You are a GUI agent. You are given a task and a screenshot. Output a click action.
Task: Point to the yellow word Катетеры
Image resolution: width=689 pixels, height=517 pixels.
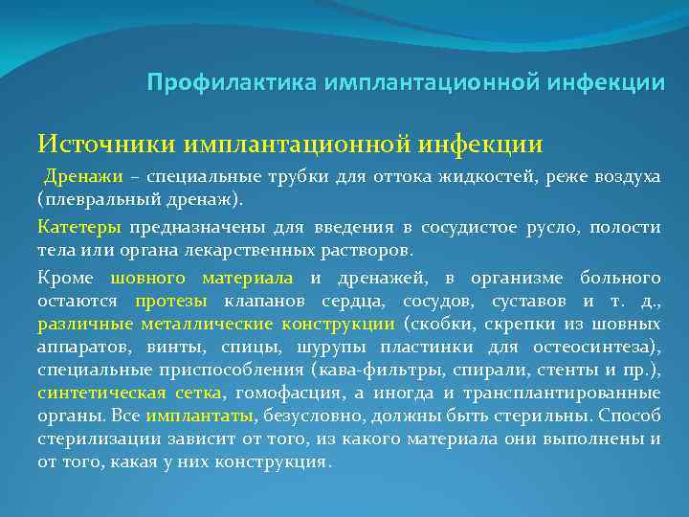(x=79, y=228)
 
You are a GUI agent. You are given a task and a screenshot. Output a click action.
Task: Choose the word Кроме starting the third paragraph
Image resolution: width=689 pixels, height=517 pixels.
(x=66, y=278)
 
